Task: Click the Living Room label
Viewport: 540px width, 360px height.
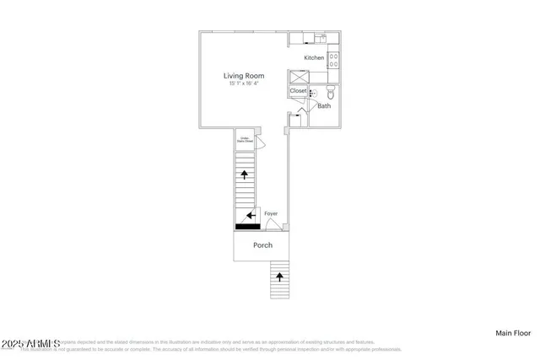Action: click(244, 75)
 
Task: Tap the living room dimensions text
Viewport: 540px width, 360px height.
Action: click(244, 83)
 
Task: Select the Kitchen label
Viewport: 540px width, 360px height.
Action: click(314, 57)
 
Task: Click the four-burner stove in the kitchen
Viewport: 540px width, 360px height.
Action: click(333, 59)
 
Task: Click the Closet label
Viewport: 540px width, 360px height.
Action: click(299, 90)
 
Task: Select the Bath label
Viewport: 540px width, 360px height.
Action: click(324, 106)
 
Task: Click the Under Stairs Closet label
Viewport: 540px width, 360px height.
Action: click(243, 140)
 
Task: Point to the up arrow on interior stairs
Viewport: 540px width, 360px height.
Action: click(245, 175)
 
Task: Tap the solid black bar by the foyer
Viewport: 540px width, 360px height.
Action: click(247, 226)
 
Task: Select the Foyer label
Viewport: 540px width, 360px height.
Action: click(271, 214)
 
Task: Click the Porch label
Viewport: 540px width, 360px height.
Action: click(262, 245)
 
